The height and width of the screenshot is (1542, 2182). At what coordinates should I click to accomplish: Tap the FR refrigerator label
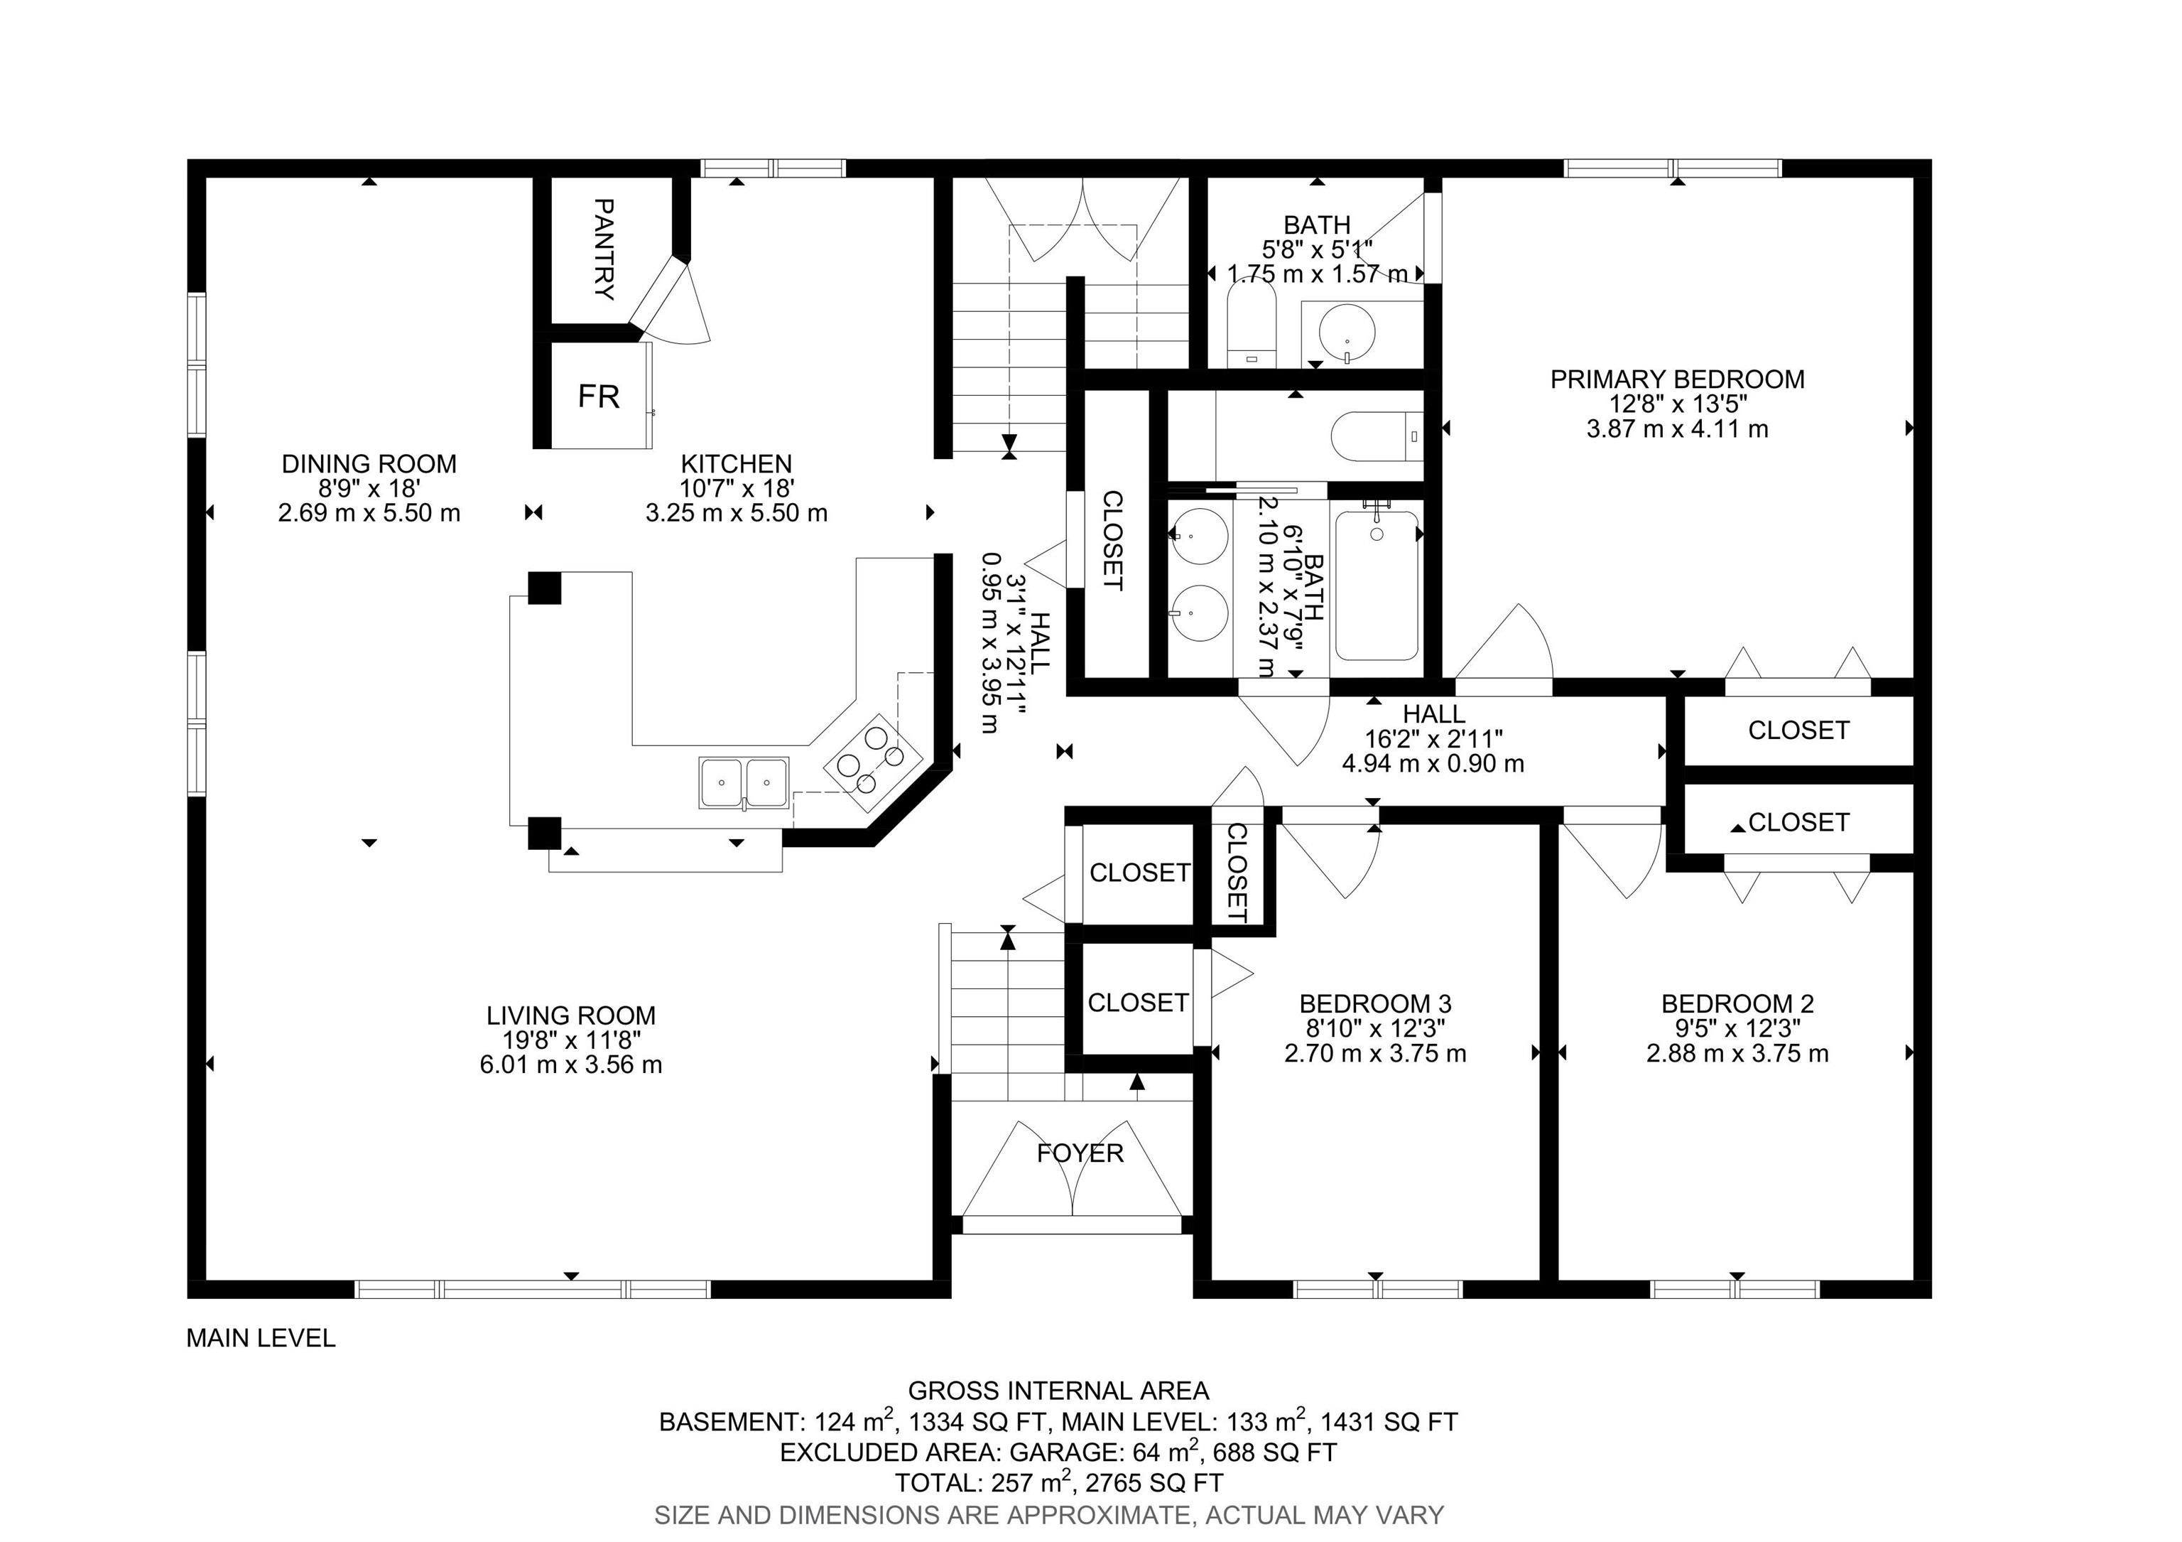pyautogui.click(x=599, y=396)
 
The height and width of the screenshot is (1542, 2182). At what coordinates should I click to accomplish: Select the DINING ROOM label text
pyautogui.click(x=369, y=464)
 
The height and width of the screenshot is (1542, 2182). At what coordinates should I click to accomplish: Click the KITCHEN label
pyautogui.click(x=737, y=464)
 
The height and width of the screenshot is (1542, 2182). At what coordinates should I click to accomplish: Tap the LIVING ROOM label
pyautogui.click(x=571, y=1015)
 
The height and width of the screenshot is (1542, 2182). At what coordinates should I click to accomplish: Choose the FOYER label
pyautogui.click(x=1080, y=1153)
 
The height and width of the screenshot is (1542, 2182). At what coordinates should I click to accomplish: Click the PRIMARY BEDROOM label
pyautogui.click(x=1678, y=379)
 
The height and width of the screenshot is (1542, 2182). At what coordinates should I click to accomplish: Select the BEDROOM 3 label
pyautogui.click(x=1375, y=1004)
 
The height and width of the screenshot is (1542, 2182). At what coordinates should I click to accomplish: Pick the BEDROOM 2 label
pyautogui.click(x=1737, y=1004)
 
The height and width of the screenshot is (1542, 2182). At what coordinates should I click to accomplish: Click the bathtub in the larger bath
pyautogui.click(x=1377, y=586)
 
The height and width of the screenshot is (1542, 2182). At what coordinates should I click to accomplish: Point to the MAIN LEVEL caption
pyautogui.click(x=261, y=1339)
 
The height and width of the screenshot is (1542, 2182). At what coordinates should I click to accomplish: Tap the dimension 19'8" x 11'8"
pyautogui.click(x=571, y=1040)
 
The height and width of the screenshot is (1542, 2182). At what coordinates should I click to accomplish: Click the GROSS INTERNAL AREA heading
pyautogui.click(x=1059, y=1392)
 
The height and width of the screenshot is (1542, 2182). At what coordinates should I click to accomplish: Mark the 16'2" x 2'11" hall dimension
pyautogui.click(x=1433, y=738)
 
